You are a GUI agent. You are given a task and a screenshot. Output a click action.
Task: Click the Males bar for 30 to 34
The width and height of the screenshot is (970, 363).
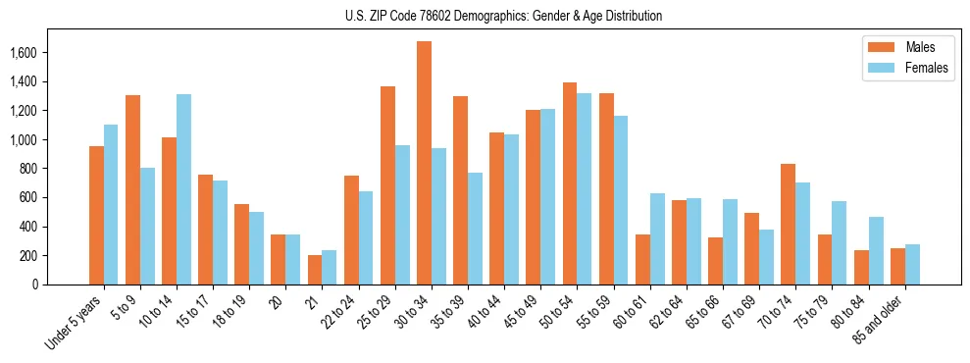pyautogui.click(x=424, y=163)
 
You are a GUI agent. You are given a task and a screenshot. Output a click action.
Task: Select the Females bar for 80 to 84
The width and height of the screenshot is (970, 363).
pyautogui.click(x=876, y=250)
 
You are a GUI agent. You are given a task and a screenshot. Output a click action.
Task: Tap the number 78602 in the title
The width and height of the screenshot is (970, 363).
pyautogui.click(x=423, y=16)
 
